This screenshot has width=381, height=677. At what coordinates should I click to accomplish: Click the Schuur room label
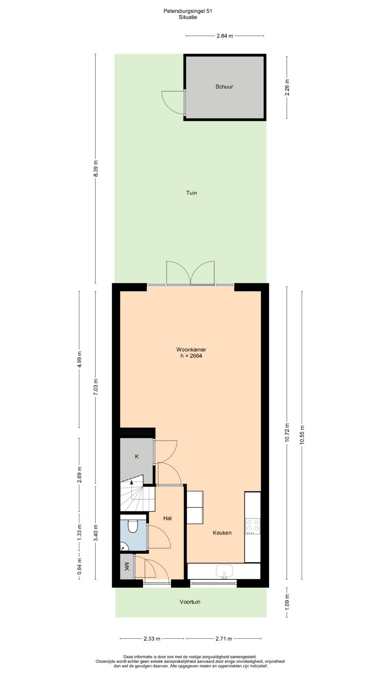coord(224,87)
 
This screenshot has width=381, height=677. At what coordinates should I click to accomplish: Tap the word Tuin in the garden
coord(192,193)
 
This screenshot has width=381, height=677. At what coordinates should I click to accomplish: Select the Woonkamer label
coord(191,350)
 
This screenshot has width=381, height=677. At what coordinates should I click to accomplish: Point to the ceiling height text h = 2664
coord(191,356)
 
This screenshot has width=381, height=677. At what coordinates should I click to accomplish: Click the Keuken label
coord(222,533)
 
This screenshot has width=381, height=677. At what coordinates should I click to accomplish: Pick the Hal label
coord(168,518)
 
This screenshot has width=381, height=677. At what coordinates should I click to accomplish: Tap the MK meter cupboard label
coord(127,567)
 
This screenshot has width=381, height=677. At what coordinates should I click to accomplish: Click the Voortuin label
coord(190,602)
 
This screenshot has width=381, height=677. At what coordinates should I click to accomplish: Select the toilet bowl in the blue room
coord(133,526)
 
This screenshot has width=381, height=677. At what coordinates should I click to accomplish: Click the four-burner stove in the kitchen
coord(253,525)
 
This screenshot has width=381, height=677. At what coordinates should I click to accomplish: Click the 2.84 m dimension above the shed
coord(225,36)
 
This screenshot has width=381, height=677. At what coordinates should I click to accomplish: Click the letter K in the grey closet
coord(137,456)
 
